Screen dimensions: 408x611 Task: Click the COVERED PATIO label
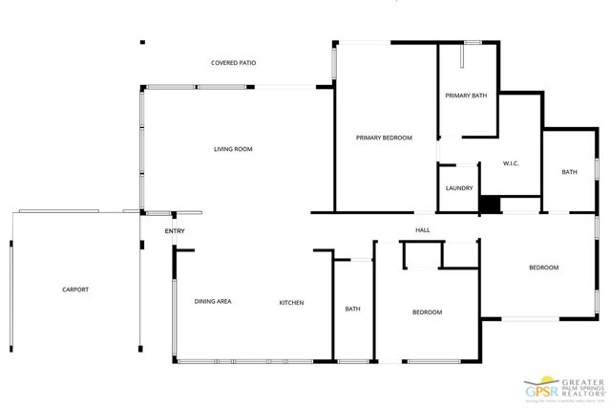point(233,63)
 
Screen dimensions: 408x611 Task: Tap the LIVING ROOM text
point(233,149)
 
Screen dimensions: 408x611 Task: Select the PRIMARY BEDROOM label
point(384,139)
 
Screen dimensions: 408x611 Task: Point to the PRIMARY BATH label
point(467,96)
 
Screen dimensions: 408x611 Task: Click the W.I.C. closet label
point(511,163)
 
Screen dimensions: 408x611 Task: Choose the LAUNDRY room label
point(458,188)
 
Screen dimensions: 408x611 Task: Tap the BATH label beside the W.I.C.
point(569,172)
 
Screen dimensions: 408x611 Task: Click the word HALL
point(422,230)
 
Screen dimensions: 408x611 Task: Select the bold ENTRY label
point(175,231)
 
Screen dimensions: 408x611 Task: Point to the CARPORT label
point(75,290)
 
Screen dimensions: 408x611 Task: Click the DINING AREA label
point(213,302)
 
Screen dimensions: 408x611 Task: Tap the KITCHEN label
point(291,303)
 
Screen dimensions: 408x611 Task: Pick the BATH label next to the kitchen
point(352,309)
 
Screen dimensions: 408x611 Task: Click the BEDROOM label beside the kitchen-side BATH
point(427,312)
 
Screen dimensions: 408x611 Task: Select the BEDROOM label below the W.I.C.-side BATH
point(543,268)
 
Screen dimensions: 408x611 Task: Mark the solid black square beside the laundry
point(489,204)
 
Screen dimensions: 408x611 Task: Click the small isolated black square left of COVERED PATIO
point(142,42)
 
